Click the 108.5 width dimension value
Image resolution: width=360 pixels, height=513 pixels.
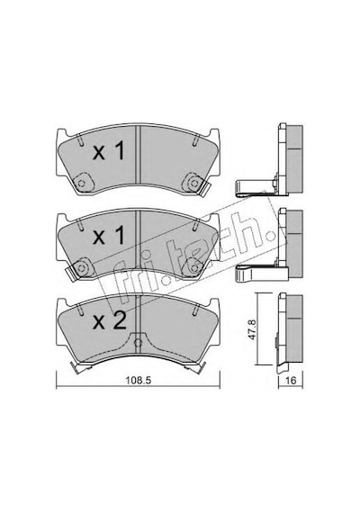(139, 381)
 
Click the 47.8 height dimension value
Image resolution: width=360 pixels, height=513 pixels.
(252, 329)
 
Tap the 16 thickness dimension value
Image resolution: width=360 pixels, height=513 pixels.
(291, 381)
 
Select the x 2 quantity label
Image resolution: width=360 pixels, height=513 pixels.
(109, 321)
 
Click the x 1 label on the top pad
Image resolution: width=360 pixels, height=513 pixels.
(109, 151)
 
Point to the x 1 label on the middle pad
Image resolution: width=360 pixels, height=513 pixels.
(109, 236)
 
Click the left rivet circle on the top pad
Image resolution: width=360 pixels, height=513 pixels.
(82, 184)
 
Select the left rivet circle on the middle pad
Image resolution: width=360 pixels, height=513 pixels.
(82, 268)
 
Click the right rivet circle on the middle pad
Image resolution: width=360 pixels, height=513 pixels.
(194, 268)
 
